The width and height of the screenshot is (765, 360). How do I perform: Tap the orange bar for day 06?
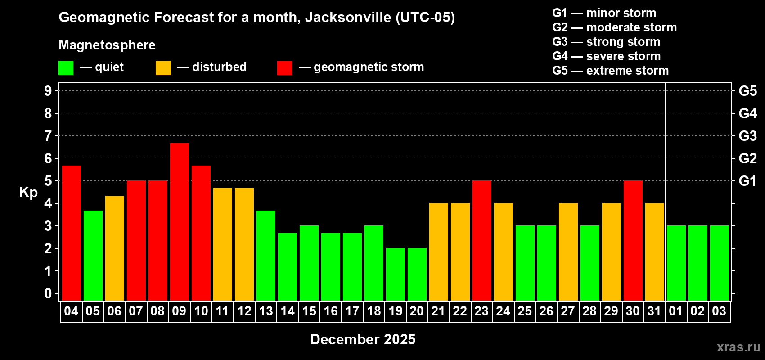point(115,248)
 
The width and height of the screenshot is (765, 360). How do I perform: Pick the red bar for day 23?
point(482,240)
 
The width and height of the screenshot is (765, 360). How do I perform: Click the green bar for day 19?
point(396,274)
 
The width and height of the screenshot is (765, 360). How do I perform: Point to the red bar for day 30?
point(633,240)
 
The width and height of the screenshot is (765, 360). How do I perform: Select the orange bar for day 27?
point(568,252)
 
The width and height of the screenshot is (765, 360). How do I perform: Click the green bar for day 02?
point(698,263)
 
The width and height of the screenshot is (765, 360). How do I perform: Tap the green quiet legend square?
point(66,68)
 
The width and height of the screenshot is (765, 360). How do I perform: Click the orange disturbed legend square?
point(163,68)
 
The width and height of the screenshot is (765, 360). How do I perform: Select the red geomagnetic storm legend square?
point(284,68)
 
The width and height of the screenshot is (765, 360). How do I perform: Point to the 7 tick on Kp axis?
point(48,136)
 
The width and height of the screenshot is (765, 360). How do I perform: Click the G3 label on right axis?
point(747,136)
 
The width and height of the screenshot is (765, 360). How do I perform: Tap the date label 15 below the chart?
point(309,311)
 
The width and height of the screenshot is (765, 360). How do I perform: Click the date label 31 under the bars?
point(654,311)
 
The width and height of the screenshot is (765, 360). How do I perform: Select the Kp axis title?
point(28,193)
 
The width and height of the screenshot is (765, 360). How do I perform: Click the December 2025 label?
point(363,339)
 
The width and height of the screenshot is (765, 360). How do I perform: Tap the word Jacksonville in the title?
point(348,18)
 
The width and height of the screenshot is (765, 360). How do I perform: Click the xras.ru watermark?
point(738,347)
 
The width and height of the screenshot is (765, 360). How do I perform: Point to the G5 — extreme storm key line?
point(610,71)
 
